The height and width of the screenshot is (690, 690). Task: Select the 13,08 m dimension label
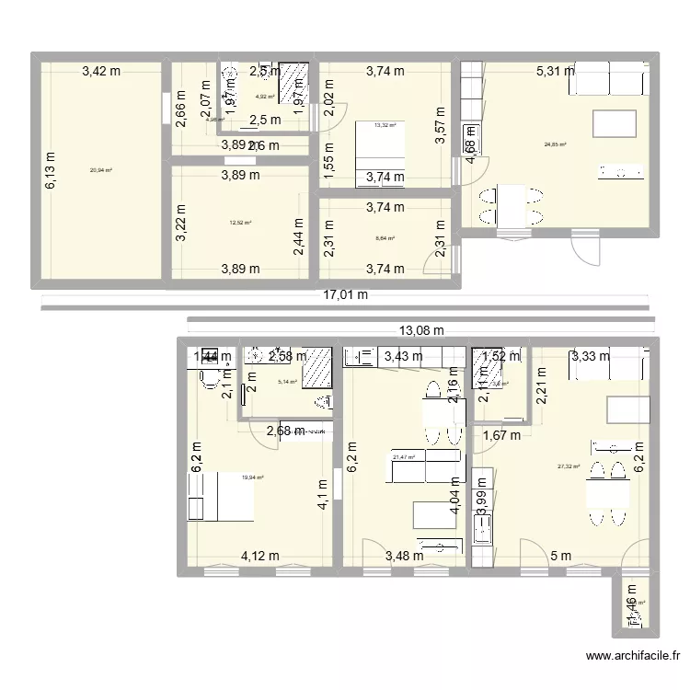tap(420, 330)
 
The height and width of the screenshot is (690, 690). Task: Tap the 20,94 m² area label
tap(99, 169)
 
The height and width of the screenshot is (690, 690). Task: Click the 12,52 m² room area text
tap(240, 222)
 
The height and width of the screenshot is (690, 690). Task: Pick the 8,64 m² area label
tap(385, 238)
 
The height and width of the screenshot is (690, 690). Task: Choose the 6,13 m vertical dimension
tap(51, 171)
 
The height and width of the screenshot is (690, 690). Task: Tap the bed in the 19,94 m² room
tap(221, 498)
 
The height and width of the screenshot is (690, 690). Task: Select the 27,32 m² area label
tap(569, 466)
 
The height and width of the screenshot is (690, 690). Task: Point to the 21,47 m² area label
tap(404, 455)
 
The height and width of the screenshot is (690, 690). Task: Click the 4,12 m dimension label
tap(260, 555)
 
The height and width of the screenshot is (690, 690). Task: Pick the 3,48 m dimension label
tap(404, 555)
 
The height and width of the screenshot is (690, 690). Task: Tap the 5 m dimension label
tap(561, 555)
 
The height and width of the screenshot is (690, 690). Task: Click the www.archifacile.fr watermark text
tap(633, 657)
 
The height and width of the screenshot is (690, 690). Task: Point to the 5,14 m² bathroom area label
tap(288, 381)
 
